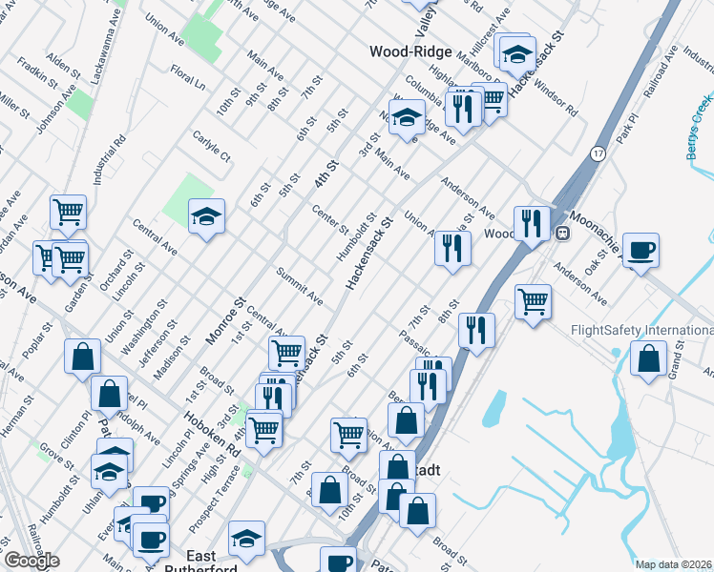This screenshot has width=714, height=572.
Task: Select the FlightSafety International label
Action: tap(640, 331)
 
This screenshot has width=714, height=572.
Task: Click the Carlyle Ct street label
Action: tap(211, 145)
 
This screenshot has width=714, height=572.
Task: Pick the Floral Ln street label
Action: tap(188, 75)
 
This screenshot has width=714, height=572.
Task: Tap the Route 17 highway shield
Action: tap(598, 153)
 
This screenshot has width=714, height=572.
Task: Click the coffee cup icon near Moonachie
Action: tap(640, 250)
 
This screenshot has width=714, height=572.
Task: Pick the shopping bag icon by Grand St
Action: tap(648, 359)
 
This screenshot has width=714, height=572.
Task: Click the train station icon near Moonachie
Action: tap(563, 233)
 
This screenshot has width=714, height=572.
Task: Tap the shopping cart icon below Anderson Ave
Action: tap(534, 301)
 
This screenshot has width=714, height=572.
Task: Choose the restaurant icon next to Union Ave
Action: tap(451, 248)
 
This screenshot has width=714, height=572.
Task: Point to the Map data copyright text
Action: tap(674, 564)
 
